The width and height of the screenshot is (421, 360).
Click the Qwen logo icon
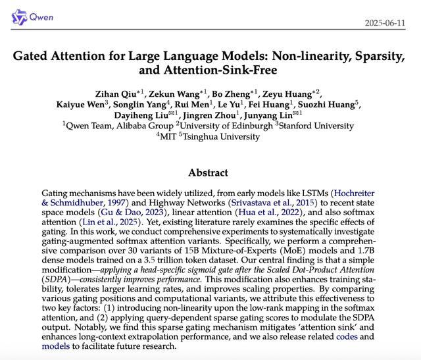(20, 16)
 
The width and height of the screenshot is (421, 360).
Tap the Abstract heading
(208, 173)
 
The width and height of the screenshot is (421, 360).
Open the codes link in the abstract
(346, 336)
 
